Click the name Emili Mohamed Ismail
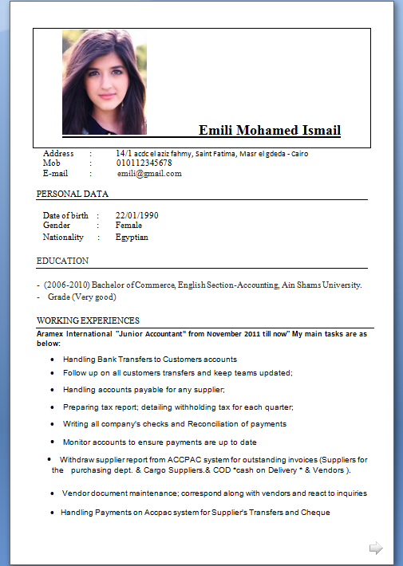point(269,131)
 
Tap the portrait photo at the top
point(105,81)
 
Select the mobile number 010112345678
point(144,163)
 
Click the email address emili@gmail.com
point(149,174)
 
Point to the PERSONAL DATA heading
point(73,194)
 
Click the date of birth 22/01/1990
point(136,215)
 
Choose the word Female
point(128,226)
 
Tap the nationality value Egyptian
point(132,237)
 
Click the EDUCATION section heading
point(63,261)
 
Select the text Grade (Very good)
point(82,297)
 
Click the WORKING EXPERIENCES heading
point(89,320)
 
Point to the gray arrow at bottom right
point(376,548)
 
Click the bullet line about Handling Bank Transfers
point(150,360)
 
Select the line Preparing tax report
point(178,407)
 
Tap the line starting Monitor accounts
point(160,442)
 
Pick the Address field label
point(58,153)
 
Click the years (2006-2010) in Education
point(67,285)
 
